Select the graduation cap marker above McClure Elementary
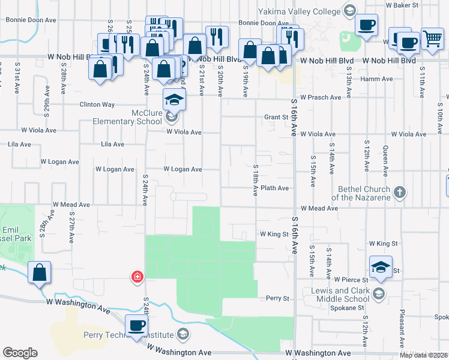[173, 100]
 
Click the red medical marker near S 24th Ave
[137, 276]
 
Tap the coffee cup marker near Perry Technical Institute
[137, 326]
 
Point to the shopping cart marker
[432, 38]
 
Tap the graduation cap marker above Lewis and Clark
[381, 267]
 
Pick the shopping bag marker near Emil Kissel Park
[39, 273]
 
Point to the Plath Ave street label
[275, 188]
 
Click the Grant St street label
[276, 118]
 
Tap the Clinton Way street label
[97, 104]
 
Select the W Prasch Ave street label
[321, 97]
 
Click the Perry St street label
[278, 298]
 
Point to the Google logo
[20, 353]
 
